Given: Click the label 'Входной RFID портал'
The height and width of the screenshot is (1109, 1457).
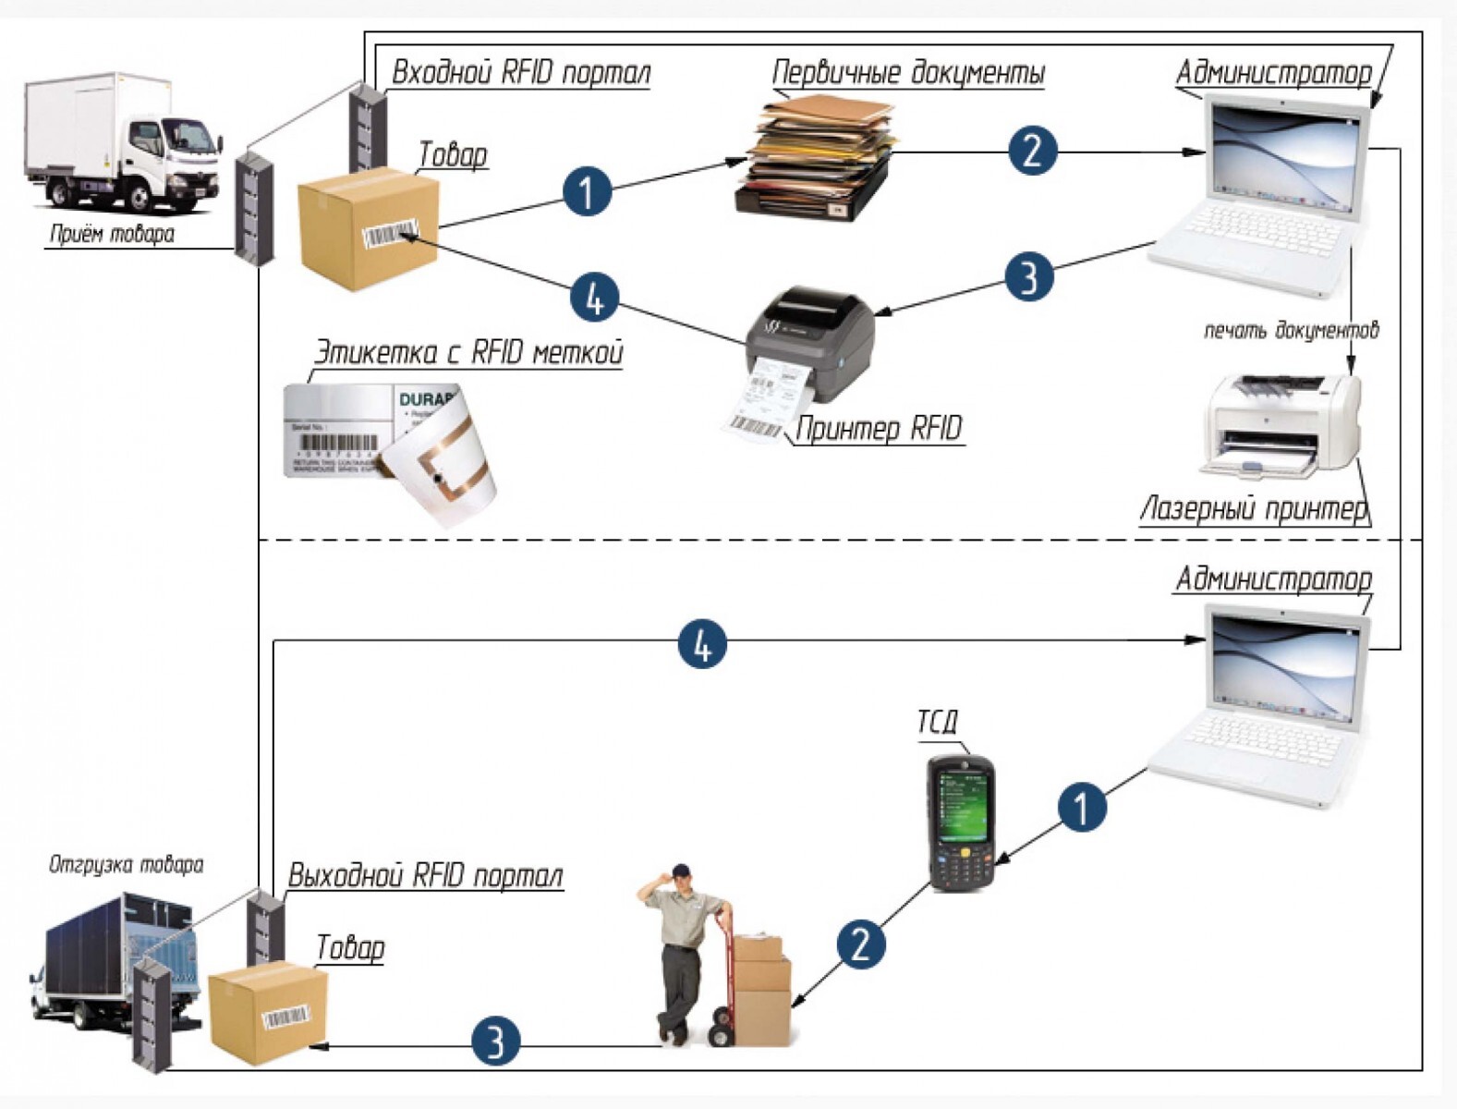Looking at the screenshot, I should point(520,72).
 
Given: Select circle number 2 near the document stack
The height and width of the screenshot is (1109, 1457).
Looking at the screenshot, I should point(1031,150).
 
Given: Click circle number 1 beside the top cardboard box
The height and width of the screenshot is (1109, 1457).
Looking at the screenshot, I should point(587,191).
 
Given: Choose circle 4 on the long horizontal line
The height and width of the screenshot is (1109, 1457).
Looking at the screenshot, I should point(702,643).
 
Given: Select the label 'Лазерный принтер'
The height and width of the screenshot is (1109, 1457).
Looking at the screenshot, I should point(1254,508).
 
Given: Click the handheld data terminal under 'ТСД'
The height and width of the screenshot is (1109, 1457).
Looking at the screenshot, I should point(961,823).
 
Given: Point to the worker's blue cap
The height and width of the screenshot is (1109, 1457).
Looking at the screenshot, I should point(681,871).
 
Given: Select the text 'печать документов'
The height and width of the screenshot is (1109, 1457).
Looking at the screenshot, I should point(1291,330).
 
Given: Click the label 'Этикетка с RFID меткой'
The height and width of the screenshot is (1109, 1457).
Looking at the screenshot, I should point(468,352).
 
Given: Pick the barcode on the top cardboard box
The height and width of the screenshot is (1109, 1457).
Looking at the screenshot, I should point(390,235).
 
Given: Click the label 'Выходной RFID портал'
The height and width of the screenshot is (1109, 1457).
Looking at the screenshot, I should point(425,875).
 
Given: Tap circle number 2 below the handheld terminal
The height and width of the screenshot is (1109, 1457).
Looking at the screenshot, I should point(860,944).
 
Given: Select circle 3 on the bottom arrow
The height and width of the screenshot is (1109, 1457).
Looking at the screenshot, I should point(496,1042).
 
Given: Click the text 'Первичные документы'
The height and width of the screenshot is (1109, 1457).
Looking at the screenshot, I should point(908,72).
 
